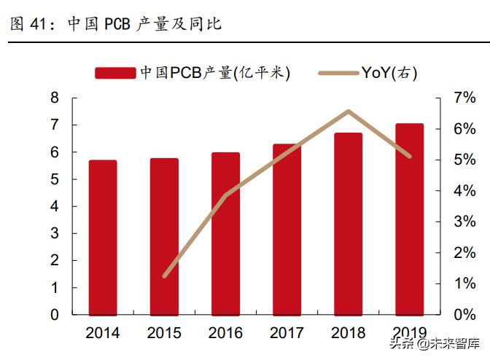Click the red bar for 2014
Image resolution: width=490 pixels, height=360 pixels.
[103, 238]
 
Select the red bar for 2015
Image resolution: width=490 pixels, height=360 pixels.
[164, 237]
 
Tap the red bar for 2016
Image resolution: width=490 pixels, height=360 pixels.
[225, 234]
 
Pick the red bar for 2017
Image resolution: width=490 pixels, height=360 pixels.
[287, 230]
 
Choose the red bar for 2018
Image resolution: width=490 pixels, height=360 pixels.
[349, 224]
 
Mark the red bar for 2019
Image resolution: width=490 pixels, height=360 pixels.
[409, 219]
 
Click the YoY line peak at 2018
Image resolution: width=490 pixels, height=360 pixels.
[349, 111]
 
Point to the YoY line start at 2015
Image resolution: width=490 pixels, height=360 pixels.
[164, 276]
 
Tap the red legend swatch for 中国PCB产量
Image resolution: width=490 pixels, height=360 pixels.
[114, 72]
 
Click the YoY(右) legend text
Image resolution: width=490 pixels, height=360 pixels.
[389, 72]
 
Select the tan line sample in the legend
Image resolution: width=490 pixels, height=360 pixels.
[339, 72]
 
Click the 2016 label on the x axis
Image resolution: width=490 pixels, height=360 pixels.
[225, 334]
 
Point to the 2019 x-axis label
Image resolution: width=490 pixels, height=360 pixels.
[409, 334]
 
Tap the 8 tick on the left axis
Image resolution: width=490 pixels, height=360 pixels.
[55, 98]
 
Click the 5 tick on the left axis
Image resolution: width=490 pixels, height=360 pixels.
[55, 179]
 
